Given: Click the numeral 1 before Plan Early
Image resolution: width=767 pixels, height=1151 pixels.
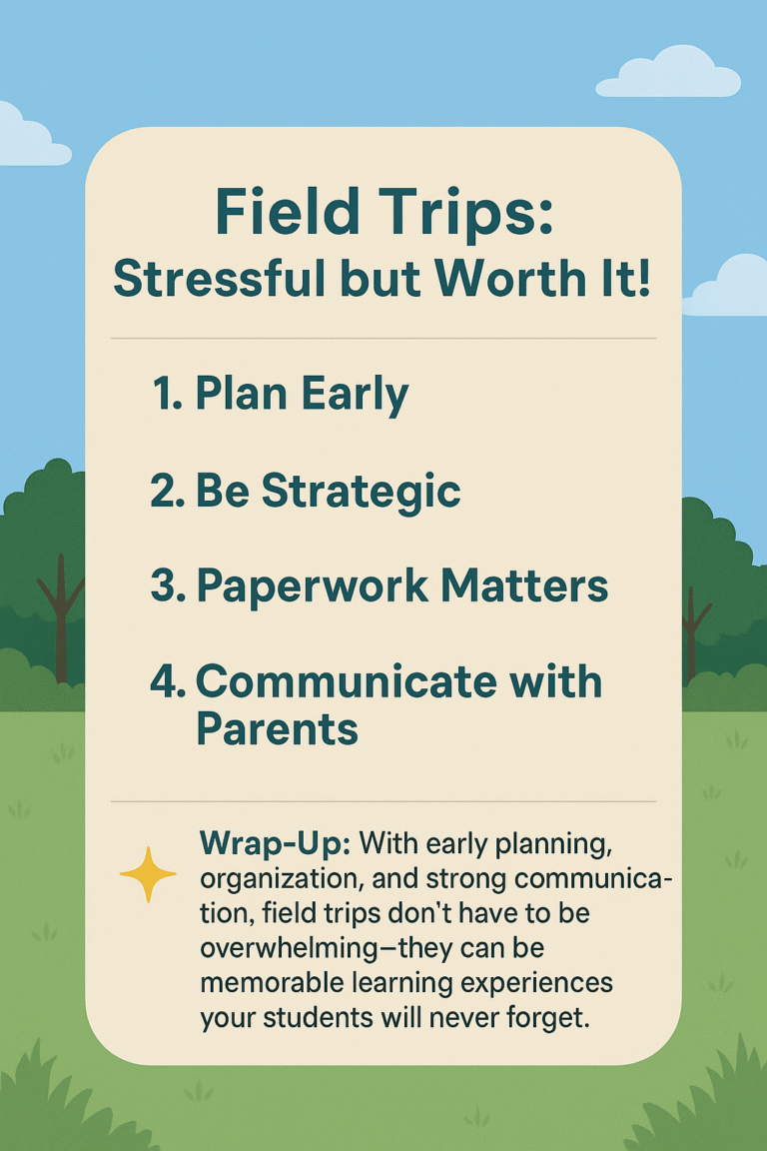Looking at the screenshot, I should [164, 396].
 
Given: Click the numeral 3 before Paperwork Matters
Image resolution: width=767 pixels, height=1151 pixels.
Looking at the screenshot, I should [164, 586].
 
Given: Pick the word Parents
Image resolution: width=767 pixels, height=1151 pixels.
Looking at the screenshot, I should [277, 728].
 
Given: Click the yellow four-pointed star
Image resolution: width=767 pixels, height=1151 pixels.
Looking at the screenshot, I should [148, 875].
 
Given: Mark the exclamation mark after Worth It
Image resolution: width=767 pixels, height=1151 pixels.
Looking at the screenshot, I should [645, 282].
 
